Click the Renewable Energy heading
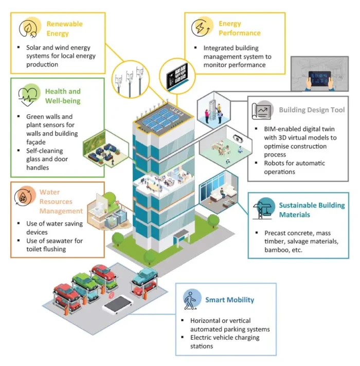click(x=64, y=29)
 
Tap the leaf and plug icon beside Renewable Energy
click(x=29, y=28)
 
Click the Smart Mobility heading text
click(x=229, y=300)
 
